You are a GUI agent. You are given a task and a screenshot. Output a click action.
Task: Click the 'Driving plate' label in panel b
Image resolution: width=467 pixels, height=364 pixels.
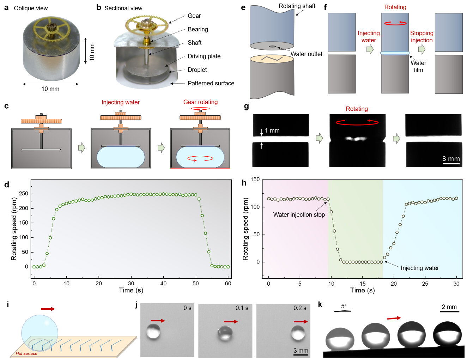point(204,56)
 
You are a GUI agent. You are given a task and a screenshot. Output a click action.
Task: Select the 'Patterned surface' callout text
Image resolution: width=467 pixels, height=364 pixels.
point(211,83)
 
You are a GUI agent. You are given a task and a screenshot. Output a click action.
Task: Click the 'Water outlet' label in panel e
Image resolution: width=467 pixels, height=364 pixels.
point(306,54)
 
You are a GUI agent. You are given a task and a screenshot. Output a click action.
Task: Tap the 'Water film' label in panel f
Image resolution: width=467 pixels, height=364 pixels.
point(418,66)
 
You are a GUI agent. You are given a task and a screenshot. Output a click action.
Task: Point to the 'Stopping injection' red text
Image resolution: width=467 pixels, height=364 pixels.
point(421,37)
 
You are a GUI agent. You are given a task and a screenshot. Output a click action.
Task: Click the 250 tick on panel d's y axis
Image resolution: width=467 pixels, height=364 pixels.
point(24,194)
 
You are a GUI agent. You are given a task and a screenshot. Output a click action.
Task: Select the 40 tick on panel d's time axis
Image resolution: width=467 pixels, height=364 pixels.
point(163,284)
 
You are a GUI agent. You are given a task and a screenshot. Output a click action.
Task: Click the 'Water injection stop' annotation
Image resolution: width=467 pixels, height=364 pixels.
point(299,215)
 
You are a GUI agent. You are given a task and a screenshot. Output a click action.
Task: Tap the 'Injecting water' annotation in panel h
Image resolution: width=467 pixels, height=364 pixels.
point(420,268)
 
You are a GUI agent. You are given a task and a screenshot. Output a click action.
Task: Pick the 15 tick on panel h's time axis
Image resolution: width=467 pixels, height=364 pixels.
point(363,284)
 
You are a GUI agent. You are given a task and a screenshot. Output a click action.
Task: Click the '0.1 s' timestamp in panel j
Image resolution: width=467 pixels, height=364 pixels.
point(242,308)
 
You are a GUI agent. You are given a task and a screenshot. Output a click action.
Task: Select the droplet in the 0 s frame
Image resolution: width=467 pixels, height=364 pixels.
point(153,332)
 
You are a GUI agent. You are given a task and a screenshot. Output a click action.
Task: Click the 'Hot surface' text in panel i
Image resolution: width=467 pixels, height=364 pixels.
point(26,353)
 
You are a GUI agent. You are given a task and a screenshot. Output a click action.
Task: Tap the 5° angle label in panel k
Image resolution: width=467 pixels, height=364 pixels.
point(344,306)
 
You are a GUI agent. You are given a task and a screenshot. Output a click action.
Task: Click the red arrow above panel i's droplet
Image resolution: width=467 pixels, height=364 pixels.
point(48,309)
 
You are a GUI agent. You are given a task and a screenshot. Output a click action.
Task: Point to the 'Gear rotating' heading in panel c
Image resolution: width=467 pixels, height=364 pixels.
point(200,102)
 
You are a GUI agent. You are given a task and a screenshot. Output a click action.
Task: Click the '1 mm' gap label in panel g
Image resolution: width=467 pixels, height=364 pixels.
point(272,131)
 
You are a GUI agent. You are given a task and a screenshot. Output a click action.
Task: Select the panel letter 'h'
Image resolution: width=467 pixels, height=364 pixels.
point(244,183)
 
